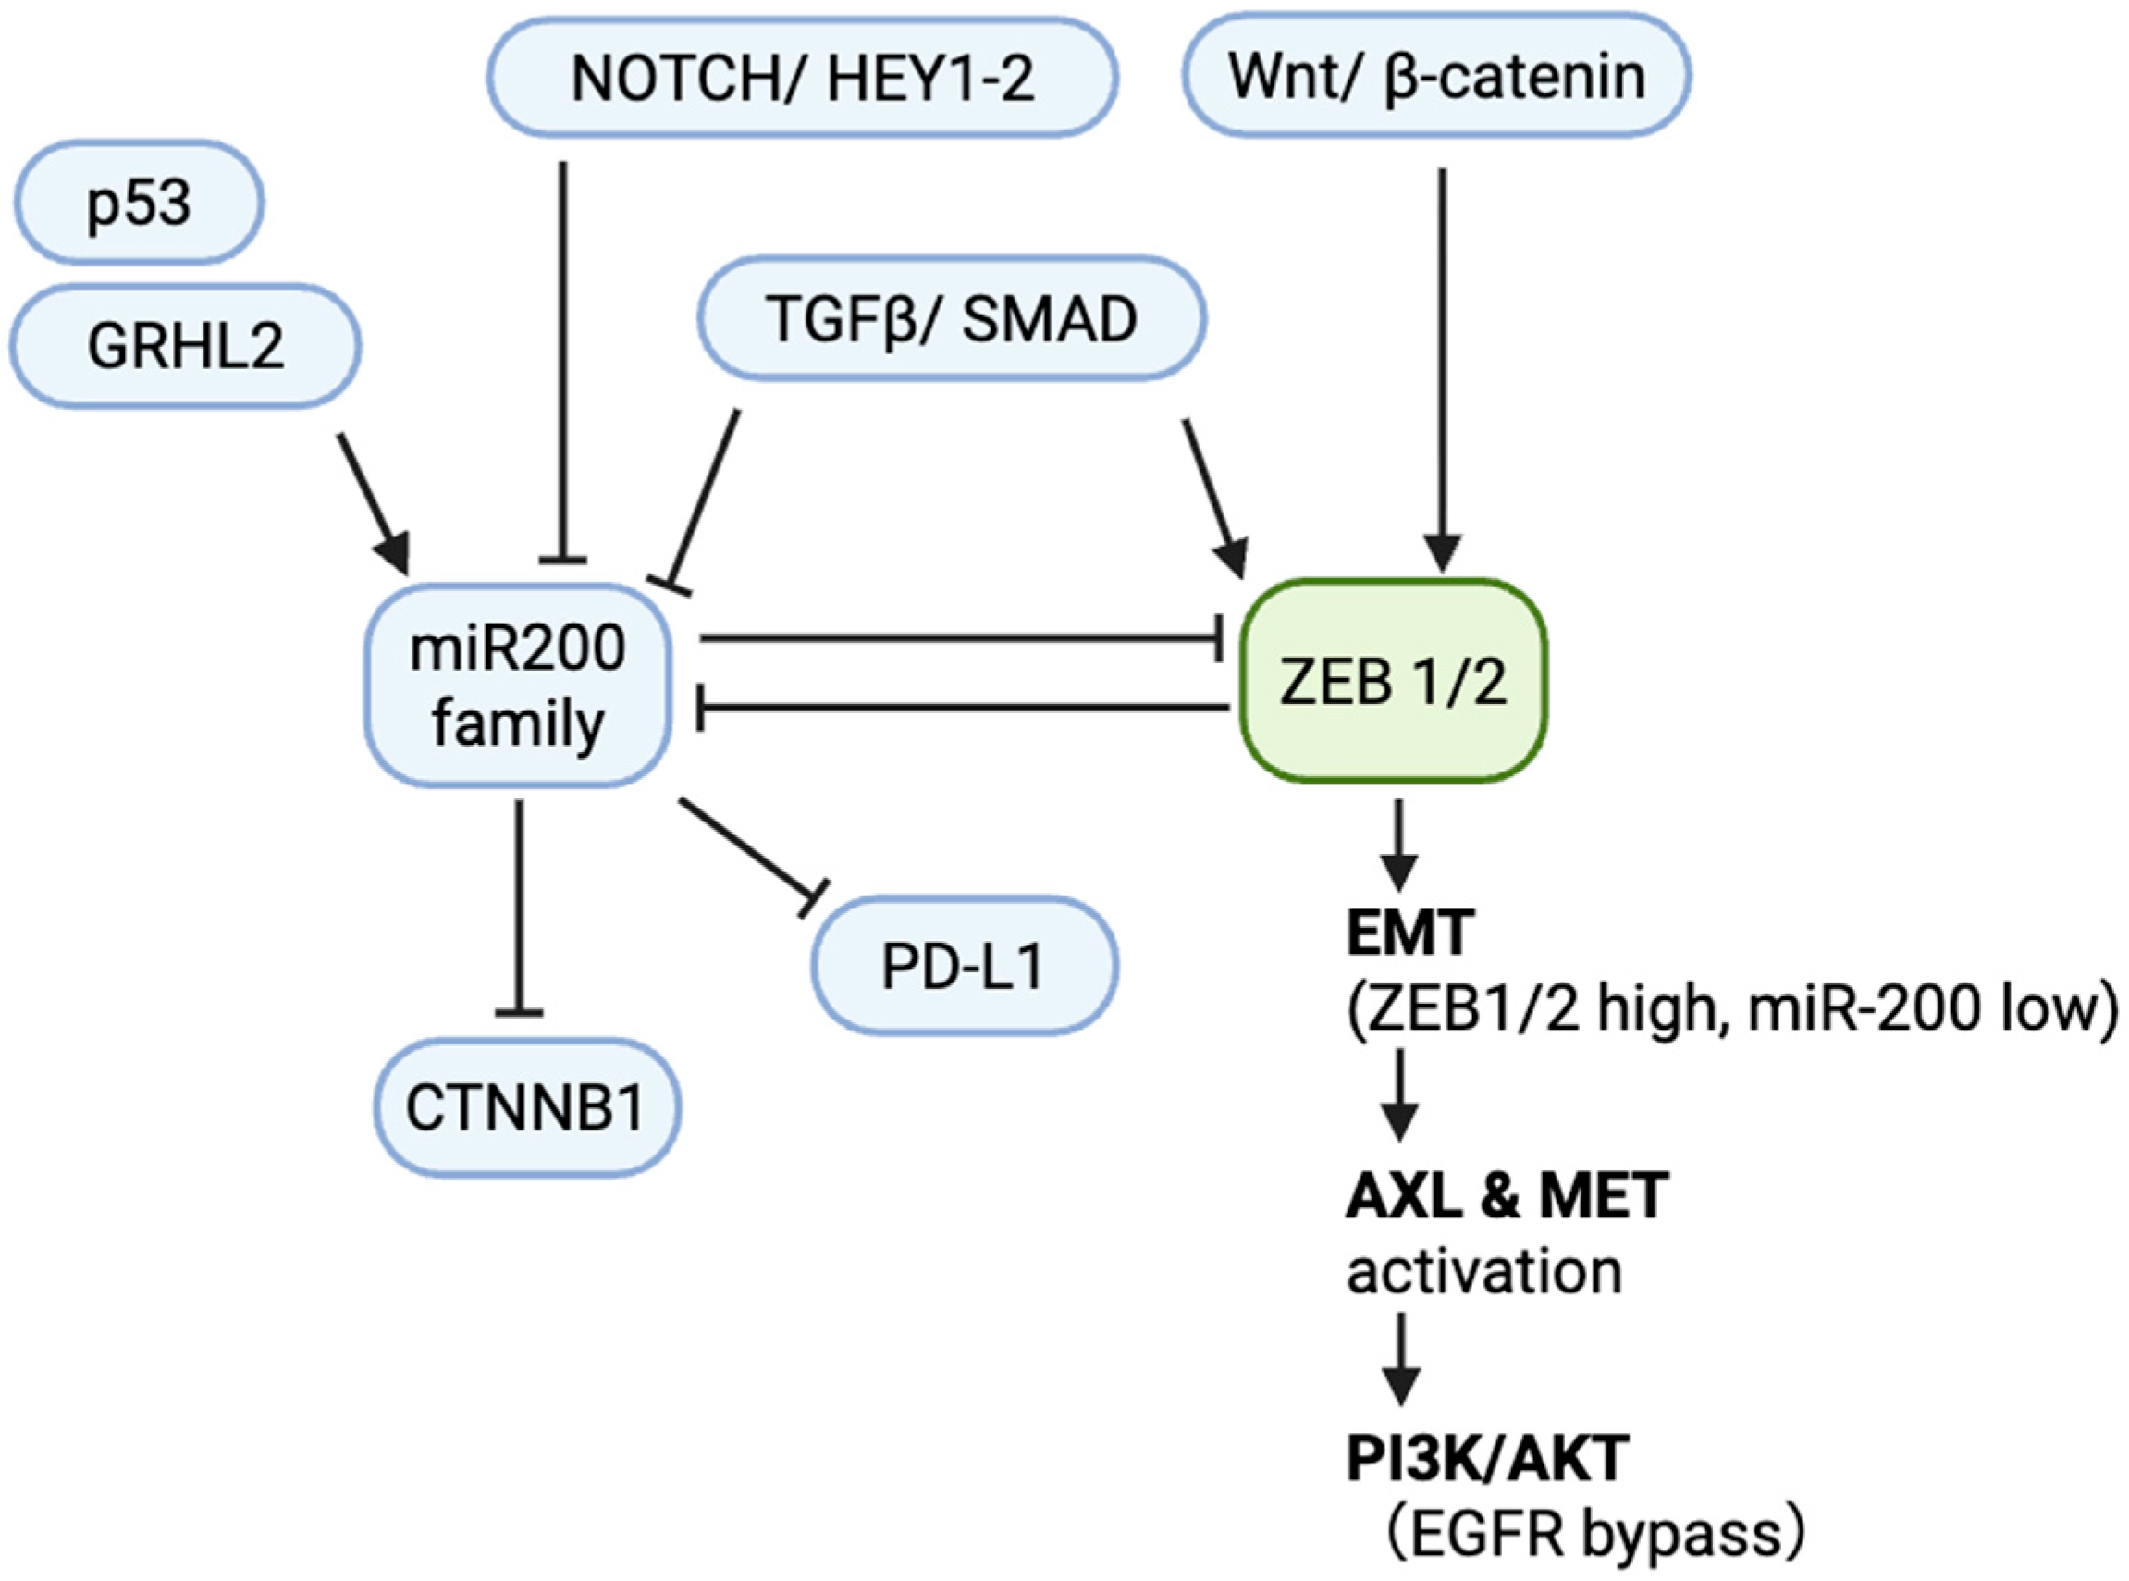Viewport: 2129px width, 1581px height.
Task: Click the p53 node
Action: [x=138, y=203]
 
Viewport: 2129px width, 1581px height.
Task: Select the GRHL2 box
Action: [x=185, y=345]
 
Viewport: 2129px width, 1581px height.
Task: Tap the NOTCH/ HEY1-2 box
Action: [x=802, y=78]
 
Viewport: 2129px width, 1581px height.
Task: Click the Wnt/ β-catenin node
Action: [x=1436, y=76]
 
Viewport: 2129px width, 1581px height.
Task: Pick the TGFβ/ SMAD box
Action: [x=952, y=318]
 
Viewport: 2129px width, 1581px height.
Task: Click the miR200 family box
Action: [x=518, y=686]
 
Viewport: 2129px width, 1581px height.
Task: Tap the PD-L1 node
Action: [x=964, y=967]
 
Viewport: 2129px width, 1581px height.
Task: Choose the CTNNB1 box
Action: [x=525, y=1108]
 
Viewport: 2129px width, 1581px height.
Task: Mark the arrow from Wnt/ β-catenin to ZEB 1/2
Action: [x=1442, y=364]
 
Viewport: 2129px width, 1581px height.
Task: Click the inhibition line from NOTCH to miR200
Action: [x=562, y=364]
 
